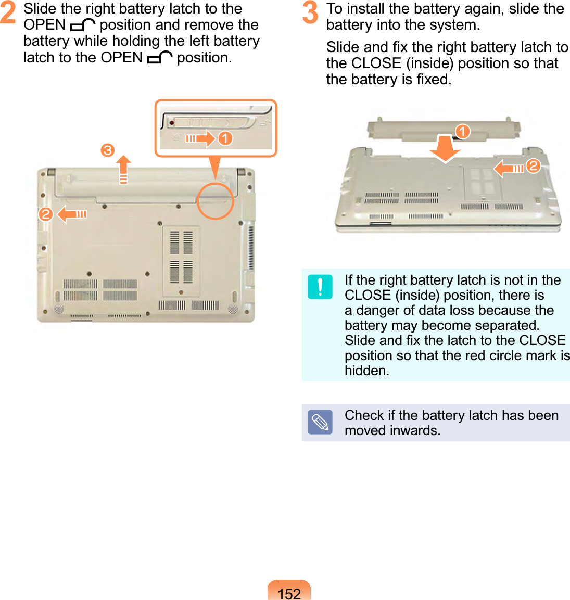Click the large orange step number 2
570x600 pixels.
(x=8, y=13)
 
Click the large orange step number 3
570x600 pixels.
(x=310, y=13)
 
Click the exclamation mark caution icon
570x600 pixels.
(x=320, y=287)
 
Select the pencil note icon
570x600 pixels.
(x=320, y=422)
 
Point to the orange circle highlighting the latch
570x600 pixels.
(x=216, y=200)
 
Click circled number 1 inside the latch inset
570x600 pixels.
(x=225, y=138)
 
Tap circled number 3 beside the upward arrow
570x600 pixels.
(x=107, y=151)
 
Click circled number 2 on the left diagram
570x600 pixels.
(x=46, y=214)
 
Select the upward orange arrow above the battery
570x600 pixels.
(x=123, y=170)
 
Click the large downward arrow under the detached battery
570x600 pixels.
(x=445, y=148)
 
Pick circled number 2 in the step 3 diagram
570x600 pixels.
(x=533, y=166)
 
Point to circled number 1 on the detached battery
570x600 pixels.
(x=462, y=131)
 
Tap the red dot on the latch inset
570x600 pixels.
(x=171, y=123)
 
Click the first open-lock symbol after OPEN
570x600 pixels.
(x=82, y=25)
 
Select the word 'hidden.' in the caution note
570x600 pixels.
(x=367, y=371)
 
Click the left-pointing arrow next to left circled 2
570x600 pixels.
(x=72, y=214)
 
